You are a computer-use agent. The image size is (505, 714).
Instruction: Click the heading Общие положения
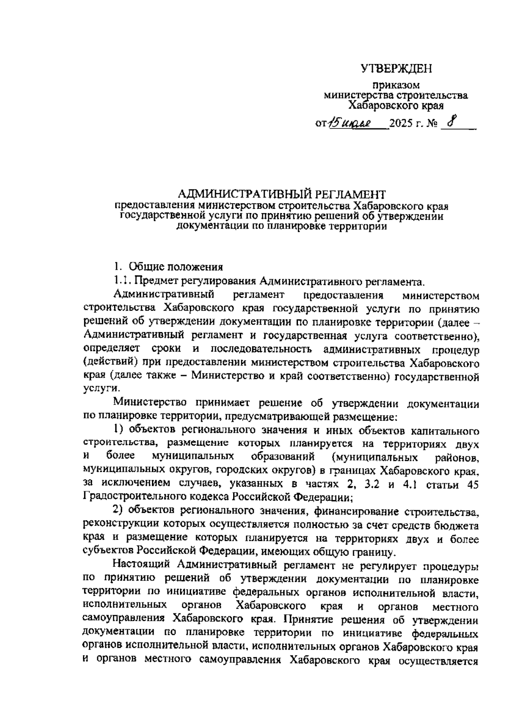[175, 267]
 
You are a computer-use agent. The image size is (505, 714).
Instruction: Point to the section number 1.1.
[122, 281]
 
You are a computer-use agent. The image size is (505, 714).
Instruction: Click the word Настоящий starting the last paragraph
[142, 565]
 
